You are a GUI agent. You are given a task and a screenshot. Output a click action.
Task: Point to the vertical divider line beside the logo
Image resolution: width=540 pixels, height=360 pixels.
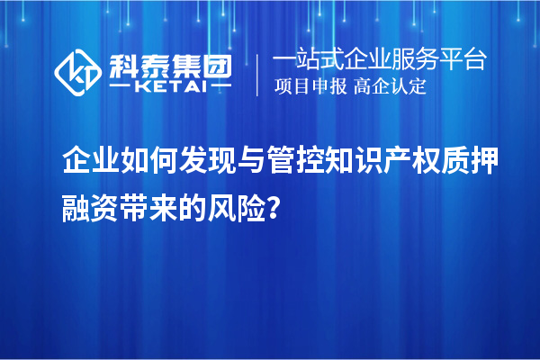(258, 75)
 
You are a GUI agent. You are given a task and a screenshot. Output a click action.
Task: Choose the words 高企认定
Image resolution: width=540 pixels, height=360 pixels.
(391, 88)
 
